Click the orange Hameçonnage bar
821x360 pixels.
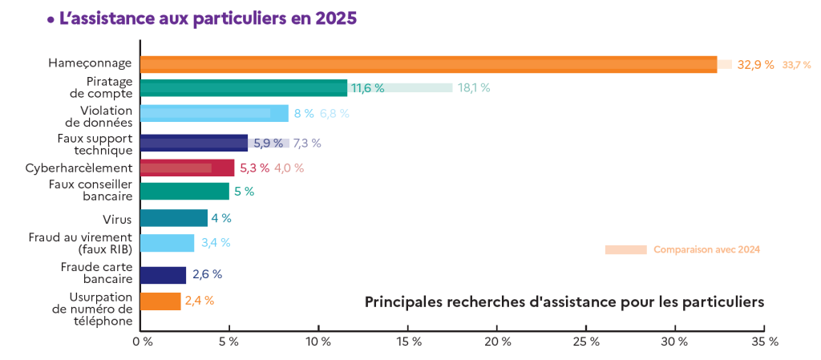point(428,65)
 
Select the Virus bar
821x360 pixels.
point(174,218)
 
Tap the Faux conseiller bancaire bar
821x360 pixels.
point(184,191)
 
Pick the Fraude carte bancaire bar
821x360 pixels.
point(163,275)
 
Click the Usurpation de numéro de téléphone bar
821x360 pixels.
point(160,301)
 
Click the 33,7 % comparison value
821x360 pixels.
point(797,65)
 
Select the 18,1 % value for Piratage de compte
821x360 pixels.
point(474,88)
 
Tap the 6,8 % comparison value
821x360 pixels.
point(334,114)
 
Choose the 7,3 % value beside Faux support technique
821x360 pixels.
point(307,144)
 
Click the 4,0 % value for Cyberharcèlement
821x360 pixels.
point(289,168)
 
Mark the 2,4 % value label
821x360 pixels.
point(200,301)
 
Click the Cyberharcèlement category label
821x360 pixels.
point(79,168)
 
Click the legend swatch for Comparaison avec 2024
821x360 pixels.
point(625,250)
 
